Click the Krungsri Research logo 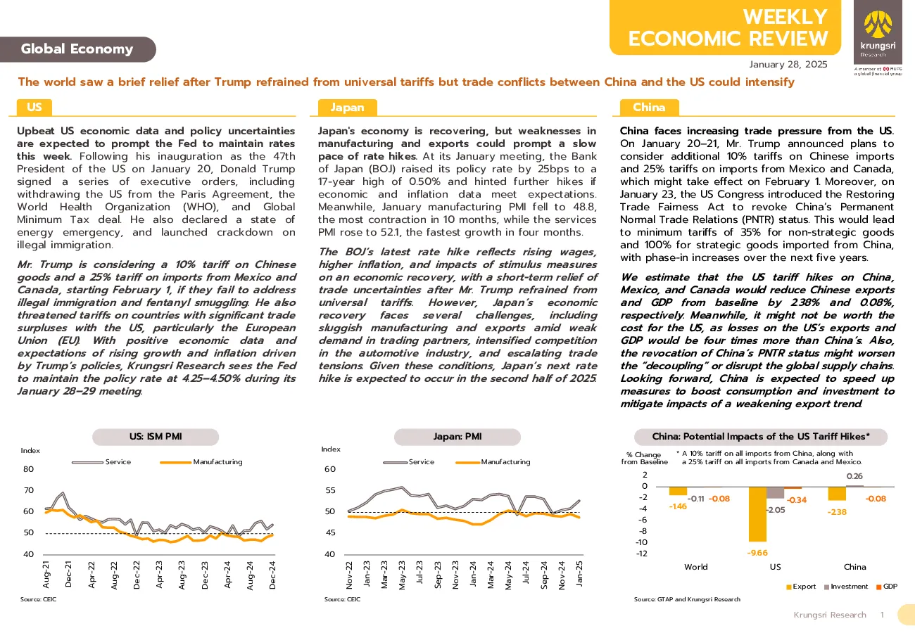pyautogui.click(x=878, y=32)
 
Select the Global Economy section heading pyautogui.click(x=77, y=49)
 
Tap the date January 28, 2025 pyautogui.click(x=788, y=65)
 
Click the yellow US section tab pyautogui.click(x=34, y=108)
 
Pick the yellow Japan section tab pyautogui.click(x=347, y=108)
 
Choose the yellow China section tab pyautogui.click(x=649, y=108)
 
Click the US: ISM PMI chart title pyautogui.click(x=156, y=437)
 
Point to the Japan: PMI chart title pyautogui.click(x=458, y=437)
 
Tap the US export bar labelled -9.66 pyautogui.click(x=757, y=514)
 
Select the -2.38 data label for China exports pyautogui.click(x=837, y=512)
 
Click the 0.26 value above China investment pyautogui.click(x=854, y=476)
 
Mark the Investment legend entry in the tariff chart pyautogui.click(x=846, y=587)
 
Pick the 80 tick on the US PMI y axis pyautogui.click(x=29, y=469)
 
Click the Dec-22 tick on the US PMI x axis pyautogui.click(x=137, y=575)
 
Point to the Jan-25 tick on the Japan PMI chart pyautogui.click(x=579, y=573)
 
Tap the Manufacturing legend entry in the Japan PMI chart pyautogui.click(x=493, y=462)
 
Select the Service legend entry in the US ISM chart pyautogui.click(x=101, y=462)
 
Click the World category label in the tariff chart pyautogui.click(x=696, y=567)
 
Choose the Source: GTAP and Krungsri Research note pyautogui.click(x=687, y=599)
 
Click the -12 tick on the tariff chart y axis pyautogui.click(x=642, y=554)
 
